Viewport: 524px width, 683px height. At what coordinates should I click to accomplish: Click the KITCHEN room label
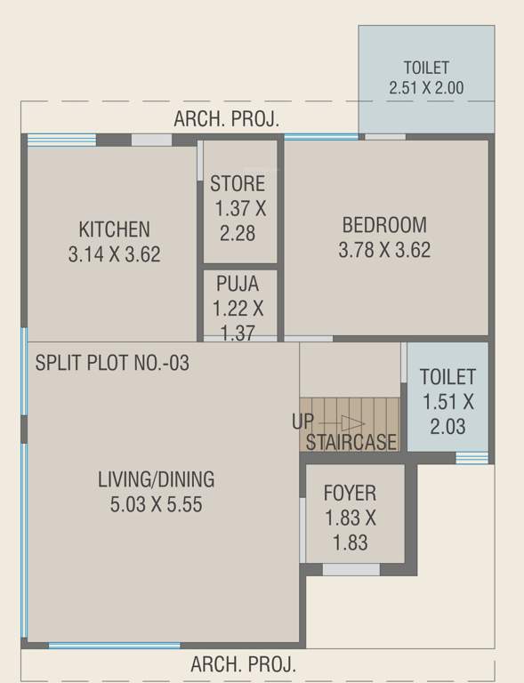(x=114, y=229)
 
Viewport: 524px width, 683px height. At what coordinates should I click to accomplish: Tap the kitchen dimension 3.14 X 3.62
(x=114, y=254)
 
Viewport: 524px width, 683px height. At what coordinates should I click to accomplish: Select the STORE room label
(x=238, y=184)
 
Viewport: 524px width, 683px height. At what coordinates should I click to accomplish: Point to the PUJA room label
(x=238, y=284)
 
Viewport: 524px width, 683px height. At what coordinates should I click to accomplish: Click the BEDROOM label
(x=384, y=225)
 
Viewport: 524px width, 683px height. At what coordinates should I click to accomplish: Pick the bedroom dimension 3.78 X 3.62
(x=384, y=250)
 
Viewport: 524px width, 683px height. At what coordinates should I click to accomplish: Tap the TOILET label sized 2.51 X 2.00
(x=426, y=68)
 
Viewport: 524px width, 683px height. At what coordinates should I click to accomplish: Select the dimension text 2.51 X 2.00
(x=426, y=88)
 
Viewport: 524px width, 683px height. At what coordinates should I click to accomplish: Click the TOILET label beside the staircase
(x=447, y=376)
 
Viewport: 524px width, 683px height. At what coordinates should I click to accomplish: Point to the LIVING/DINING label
(x=156, y=480)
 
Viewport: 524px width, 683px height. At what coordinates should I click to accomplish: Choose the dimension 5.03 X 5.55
(x=156, y=505)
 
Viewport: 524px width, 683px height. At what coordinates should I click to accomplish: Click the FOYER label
(x=350, y=493)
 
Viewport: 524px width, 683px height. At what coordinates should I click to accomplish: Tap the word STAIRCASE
(x=351, y=442)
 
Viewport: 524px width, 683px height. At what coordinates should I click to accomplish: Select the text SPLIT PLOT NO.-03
(x=112, y=363)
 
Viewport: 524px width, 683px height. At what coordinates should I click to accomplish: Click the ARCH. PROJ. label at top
(x=227, y=118)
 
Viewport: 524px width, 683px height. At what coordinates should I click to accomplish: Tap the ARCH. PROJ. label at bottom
(x=243, y=664)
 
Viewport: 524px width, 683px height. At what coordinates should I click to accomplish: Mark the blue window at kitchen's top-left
(x=61, y=139)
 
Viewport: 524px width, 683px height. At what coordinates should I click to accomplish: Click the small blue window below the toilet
(x=472, y=458)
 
